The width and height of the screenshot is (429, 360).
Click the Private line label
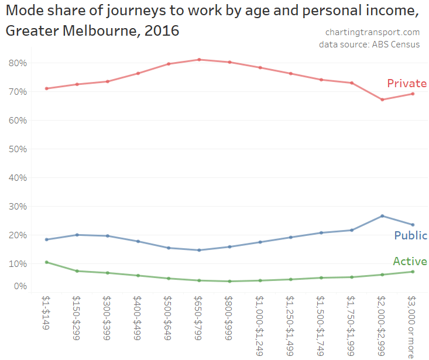407,84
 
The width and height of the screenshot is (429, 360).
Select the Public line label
410,236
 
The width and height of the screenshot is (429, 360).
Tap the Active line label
410,262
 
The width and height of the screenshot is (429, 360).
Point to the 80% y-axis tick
18,63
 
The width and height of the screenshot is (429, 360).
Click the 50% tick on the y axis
18,149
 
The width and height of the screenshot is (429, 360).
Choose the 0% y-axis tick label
20,286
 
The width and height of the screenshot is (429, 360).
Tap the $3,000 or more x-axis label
413,325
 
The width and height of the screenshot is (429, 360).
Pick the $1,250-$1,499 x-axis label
290,325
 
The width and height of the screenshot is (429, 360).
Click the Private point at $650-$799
199,60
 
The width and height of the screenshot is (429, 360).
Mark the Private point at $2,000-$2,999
382,100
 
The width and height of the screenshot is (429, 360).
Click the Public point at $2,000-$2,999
382,216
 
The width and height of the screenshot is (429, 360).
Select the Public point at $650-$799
199,250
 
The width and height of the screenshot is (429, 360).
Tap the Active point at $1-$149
46,262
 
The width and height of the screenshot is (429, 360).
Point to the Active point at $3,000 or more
413,272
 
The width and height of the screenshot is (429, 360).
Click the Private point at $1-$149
46,88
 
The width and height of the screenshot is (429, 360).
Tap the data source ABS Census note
369,44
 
